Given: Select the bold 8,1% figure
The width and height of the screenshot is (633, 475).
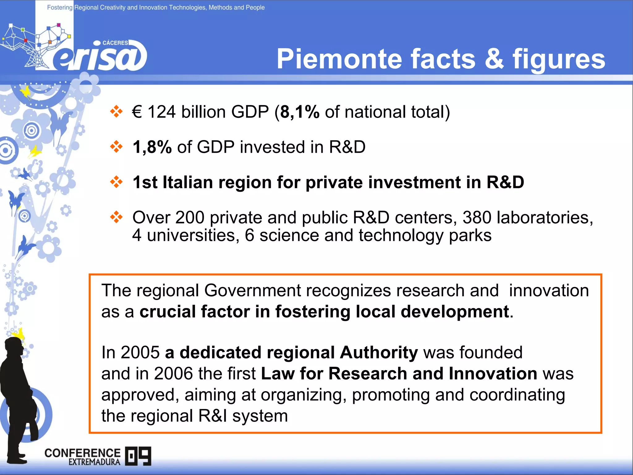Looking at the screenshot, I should pyautogui.click(x=299, y=112).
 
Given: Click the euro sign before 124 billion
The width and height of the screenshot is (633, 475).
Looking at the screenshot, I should pyautogui.click(x=137, y=112).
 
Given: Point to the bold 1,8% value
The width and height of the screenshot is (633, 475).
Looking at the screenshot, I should pyautogui.click(x=152, y=147).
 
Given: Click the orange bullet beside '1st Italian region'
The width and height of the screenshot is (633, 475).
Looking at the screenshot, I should pyautogui.click(x=116, y=182).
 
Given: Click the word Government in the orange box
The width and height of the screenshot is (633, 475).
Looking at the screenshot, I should pyautogui.click(x=252, y=290).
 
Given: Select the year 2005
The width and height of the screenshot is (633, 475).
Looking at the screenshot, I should pyautogui.click(x=140, y=352).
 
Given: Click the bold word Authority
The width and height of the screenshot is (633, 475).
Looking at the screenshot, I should pyautogui.click(x=379, y=352).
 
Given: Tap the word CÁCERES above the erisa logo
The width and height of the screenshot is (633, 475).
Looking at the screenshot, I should pyautogui.click(x=115, y=43).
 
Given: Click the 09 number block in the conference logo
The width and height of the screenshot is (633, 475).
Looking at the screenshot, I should pyautogui.click(x=138, y=456).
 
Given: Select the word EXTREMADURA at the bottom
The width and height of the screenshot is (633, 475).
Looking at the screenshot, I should pyautogui.click(x=94, y=462).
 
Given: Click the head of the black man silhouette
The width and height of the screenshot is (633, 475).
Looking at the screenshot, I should pyautogui.click(x=14, y=346).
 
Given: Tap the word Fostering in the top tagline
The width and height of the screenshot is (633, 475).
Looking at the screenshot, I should pyautogui.click(x=60, y=7).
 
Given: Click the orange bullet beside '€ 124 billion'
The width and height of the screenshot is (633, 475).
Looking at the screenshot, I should pyautogui.click(x=116, y=112).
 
